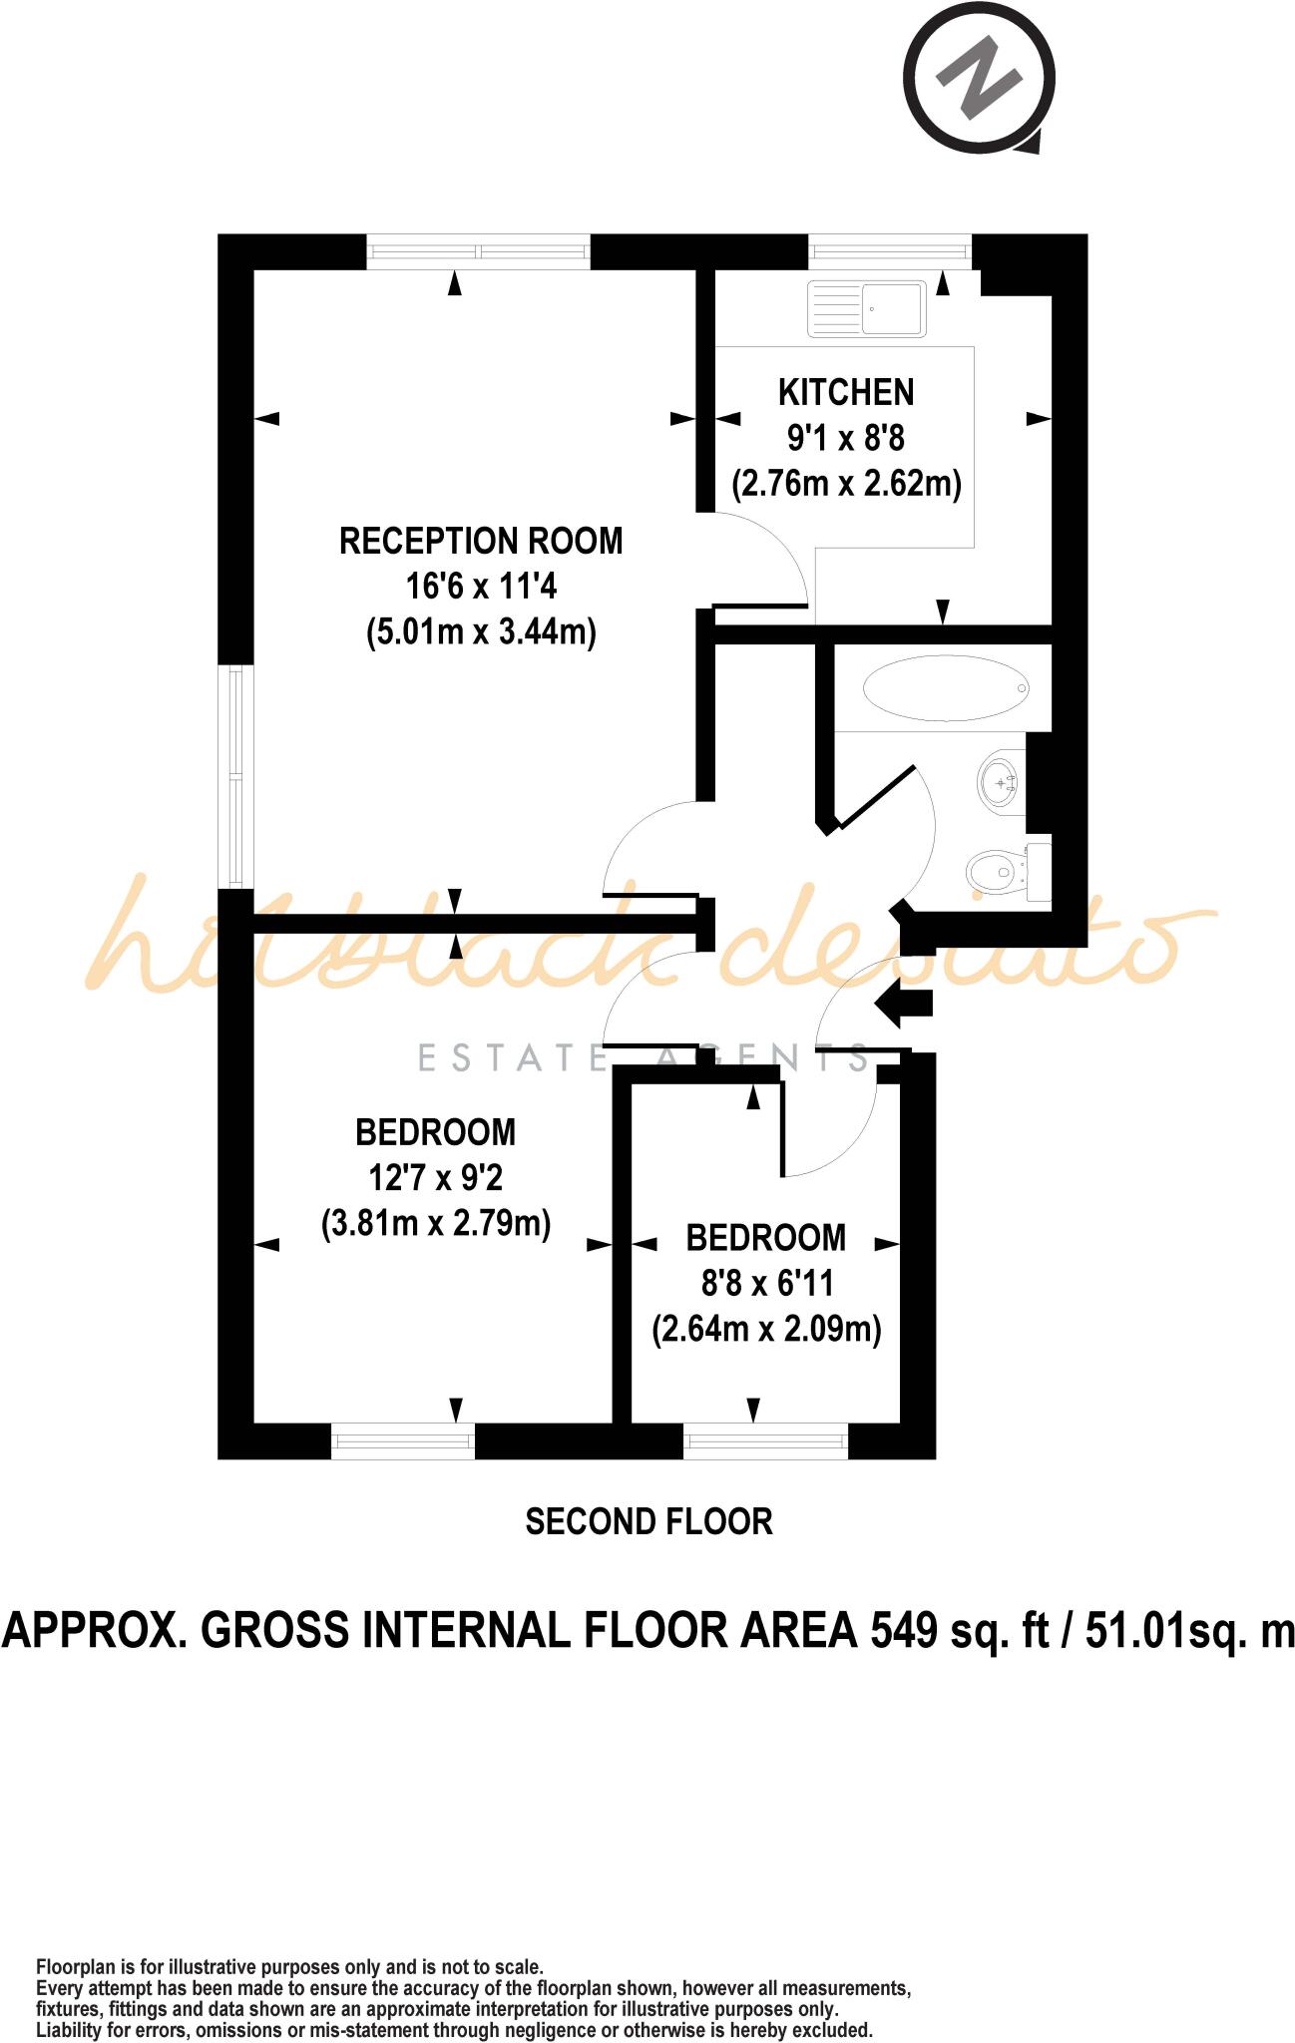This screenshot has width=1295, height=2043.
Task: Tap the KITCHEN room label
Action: pyautogui.click(x=846, y=393)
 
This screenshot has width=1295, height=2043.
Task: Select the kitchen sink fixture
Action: pyautogui.click(x=867, y=308)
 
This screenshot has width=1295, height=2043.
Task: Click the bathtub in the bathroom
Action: pyautogui.click(x=946, y=688)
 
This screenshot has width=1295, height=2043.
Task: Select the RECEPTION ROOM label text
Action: pyautogui.click(x=481, y=542)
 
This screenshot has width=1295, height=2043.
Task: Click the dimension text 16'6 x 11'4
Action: pyautogui.click(x=481, y=587)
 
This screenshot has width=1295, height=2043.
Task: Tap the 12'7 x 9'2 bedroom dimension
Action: pyautogui.click(x=436, y=1178)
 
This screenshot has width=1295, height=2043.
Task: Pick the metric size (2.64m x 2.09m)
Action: pyautogui.click(x=766, y=1330)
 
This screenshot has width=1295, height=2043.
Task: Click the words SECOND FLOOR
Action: pyautogui.click(x=648, y=1521)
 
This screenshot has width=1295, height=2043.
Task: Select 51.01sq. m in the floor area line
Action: pyautogui.click(x=1189, y=1631)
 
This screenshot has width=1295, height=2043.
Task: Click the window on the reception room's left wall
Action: pyautogui.click(x=235, y=776)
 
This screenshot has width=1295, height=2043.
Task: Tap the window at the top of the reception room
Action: pyautogui.click(x=479, y=251)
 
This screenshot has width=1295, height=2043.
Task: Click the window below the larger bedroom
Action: pyautogui.click(x=402, y=1441)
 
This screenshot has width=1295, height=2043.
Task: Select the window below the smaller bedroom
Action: pyautogui.click(x=765, y=1441)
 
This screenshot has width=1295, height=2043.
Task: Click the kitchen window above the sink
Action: pyautogui.click(x=889, y=251)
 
